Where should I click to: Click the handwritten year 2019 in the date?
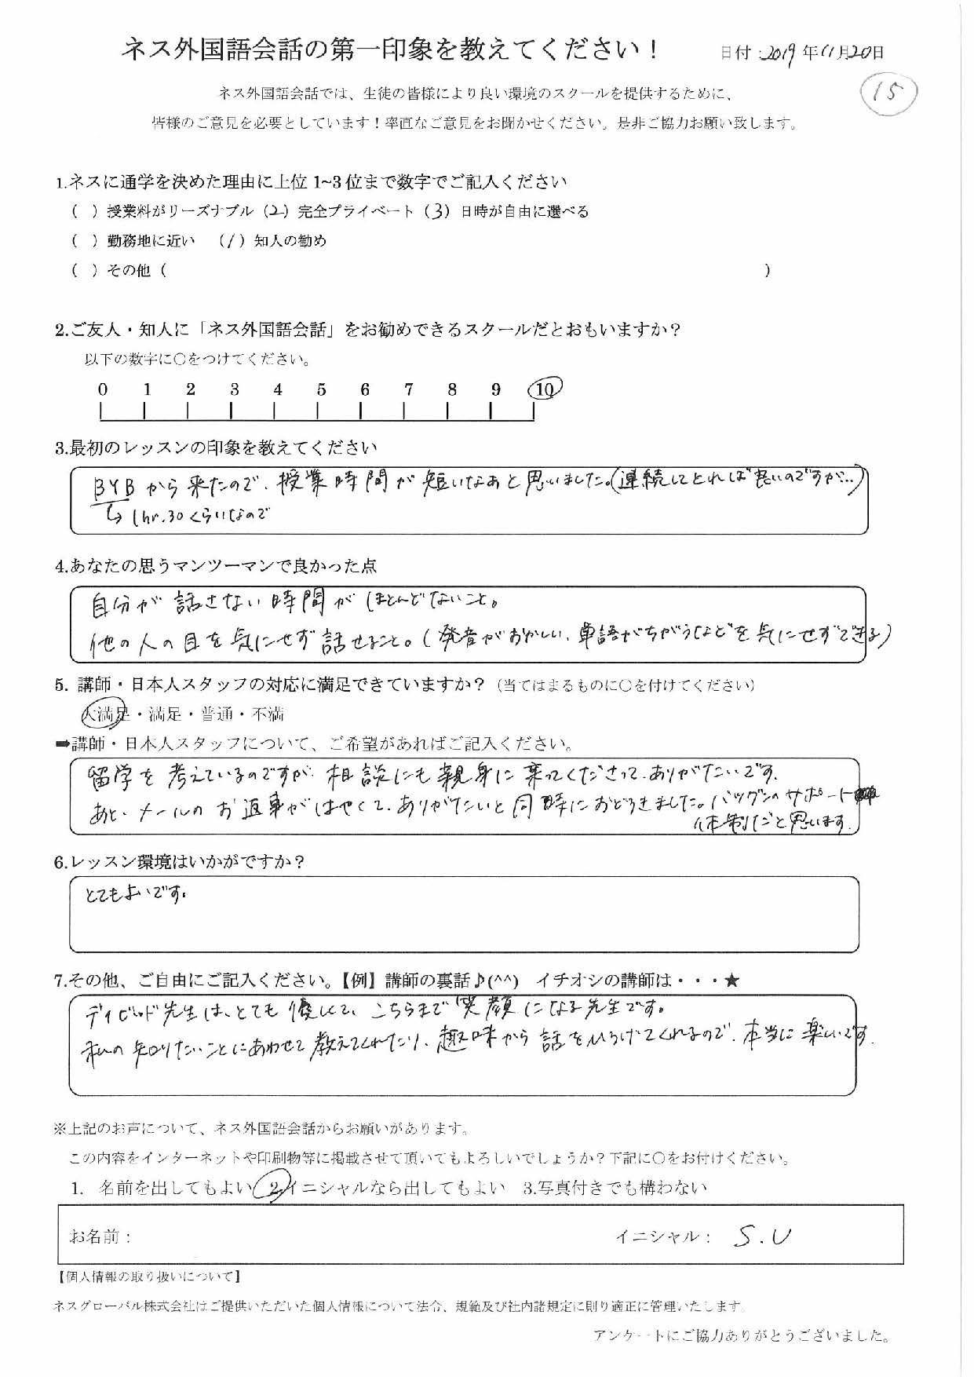(780, 53)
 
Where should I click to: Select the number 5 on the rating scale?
(321, 389)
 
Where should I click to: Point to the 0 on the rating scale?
(103, 389)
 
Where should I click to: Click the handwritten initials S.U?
(763, 1236)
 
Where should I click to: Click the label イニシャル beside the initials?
(662, 1237)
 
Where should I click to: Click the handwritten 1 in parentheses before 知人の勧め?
(232, 241)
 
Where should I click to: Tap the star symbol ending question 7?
(732, 981)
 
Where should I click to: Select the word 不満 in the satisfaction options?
(267, 714)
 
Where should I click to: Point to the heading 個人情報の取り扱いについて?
(149, 1277)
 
